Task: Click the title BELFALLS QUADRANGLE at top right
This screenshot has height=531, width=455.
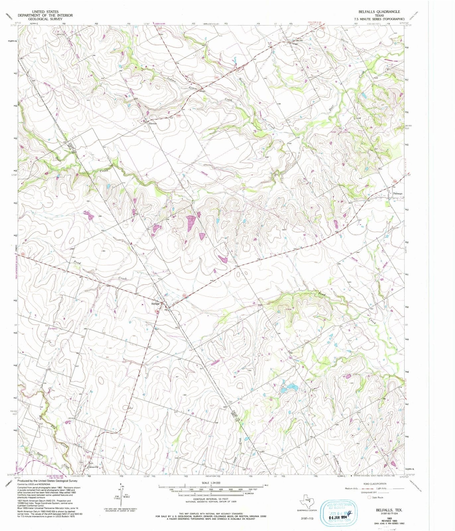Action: point(379,12)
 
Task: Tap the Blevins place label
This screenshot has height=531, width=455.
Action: point(152,123)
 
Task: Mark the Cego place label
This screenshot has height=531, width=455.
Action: point(295,43)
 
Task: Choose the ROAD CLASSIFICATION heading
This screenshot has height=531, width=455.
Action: point(374,484)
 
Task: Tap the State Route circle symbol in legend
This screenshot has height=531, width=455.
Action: point(369,497)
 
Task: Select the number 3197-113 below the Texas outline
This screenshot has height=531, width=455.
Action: point(307,518)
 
